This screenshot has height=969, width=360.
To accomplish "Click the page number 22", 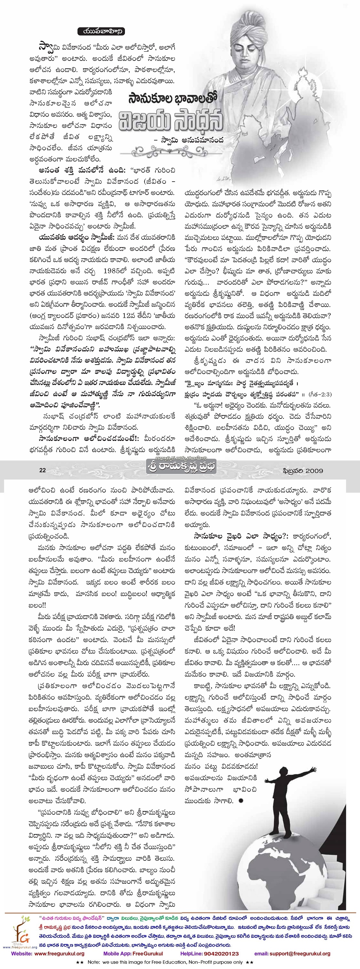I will coord(42,470).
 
